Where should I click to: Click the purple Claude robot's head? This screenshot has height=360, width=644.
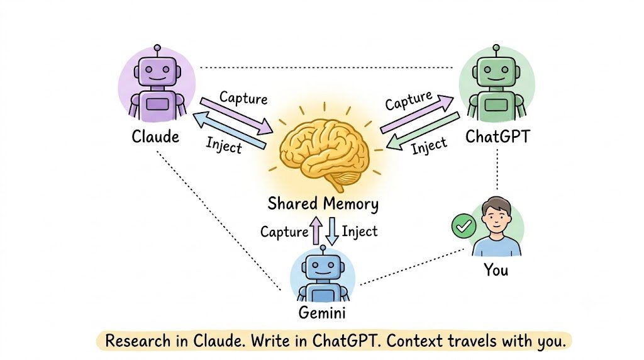[157, 71]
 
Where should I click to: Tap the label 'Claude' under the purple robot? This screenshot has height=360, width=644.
[155, 137]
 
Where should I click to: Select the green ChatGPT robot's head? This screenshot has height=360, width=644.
[496, 71]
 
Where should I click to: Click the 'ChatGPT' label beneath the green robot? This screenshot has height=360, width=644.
[497, 137]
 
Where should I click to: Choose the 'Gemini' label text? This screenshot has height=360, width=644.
[321, 313]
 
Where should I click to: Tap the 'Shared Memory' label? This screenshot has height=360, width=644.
[323, 204]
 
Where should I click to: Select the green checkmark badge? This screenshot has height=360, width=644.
[464, 226]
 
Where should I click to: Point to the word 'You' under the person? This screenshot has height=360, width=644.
[496, 270]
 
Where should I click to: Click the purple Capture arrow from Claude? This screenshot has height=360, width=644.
[236, 116]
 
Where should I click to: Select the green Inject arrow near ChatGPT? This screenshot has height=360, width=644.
[423, 131]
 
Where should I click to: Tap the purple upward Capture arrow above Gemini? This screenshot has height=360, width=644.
[316, 230]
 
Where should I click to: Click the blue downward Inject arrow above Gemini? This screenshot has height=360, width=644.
[332, 232]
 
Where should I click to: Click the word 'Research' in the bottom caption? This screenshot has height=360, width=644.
[138, 341]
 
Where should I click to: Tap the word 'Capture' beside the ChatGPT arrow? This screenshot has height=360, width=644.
[409, 101]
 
